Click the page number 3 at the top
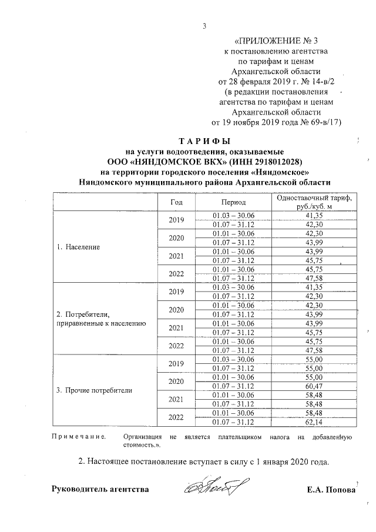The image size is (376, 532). [204, 26]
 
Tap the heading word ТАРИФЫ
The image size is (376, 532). [204, 142]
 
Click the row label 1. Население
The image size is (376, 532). [79, 247]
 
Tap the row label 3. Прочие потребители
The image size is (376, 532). [94, 390]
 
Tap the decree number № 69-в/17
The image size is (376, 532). [316, 122]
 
